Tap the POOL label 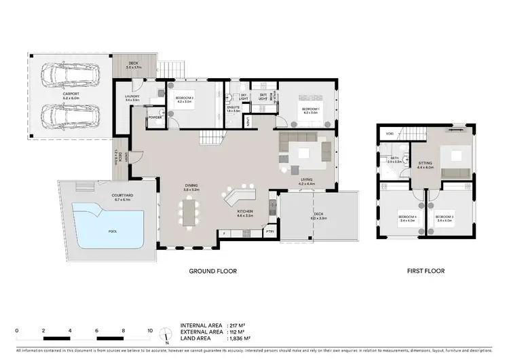pyautogui.click(x=112, y=231)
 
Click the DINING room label pyautogui.click(x=192, y=186)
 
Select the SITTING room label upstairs pyautogui.click(x=424, y=164)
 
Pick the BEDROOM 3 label pyautogui.click(x=444, y=217)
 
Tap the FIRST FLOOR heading pyautogui.click(x=426, y=271)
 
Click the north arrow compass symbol pyautogui.click(x=166, y=334)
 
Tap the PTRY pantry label pyautogui.click(x=270, y=232)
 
